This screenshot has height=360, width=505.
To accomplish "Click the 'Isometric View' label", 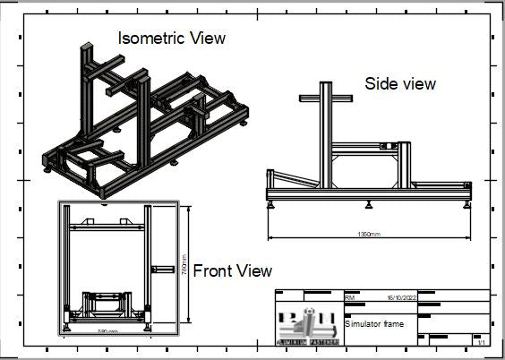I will [173, 39].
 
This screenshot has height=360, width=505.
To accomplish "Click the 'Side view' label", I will [400, 83].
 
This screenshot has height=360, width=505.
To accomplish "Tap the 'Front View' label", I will [233, 270].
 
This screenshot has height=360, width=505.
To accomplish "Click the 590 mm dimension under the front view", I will [108, 330].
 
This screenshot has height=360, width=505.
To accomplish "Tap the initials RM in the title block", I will [350, 296].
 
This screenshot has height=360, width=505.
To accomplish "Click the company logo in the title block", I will [308, 324].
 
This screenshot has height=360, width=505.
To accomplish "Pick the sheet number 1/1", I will [482, 342].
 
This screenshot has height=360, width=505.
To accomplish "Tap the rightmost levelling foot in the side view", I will [463, 203].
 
